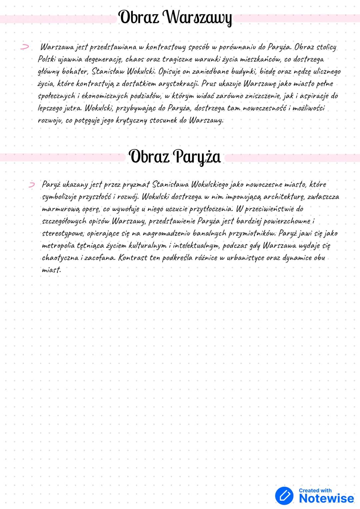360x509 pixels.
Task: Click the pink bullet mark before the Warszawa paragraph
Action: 24,47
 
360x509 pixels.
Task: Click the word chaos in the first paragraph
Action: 135,59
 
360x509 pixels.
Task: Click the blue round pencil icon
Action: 284,495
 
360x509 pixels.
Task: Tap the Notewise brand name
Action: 326,499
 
